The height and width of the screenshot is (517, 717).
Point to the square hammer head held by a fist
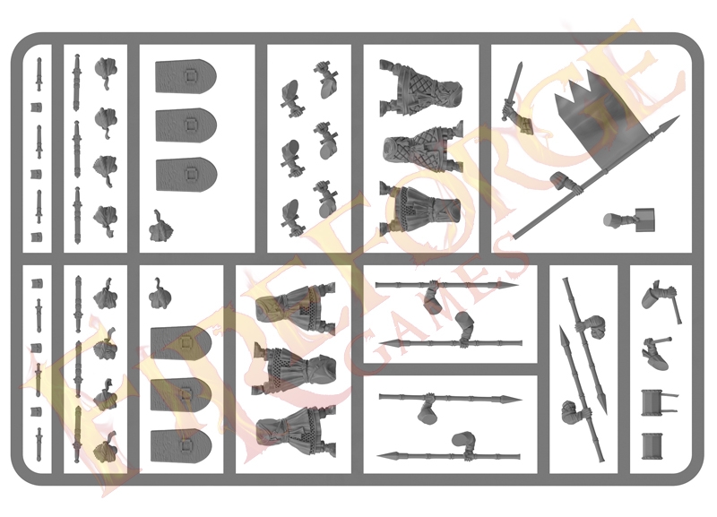[x=644, y=219]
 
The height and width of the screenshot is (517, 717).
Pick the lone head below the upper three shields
[x=161, y=228]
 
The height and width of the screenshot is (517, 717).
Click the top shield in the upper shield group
[x=186, y=76]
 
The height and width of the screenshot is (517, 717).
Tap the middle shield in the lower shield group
[x=182, y=394]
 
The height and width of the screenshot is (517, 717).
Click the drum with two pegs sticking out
[x=658, y=402]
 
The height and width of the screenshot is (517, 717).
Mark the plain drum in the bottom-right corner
[x=652, y=445]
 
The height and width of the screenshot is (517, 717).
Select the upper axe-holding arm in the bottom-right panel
[x=661, y=300]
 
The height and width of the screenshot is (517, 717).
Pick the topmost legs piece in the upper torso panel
[x=419, y=88]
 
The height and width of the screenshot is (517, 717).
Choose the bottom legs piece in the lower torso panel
[x=297, y=433]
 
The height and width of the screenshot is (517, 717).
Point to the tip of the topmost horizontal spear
[x=518, y=286]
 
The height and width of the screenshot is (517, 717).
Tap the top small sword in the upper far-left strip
[x=39, y=74]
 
